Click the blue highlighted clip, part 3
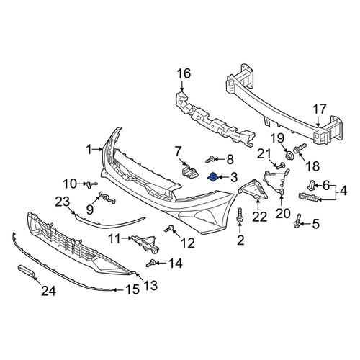(212, 177)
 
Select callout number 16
(184, 73)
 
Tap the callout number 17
(320, 109)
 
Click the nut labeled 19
(289, 155)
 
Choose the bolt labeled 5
(297, 220)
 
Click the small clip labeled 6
(311, 184)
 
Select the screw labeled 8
(210, 159)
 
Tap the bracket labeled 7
(190, 171)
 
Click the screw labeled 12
(170, 228)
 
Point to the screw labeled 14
(150, 264)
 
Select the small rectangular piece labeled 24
(26, 271)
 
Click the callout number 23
(63, 202)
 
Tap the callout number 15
(132, 289)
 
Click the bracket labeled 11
(145, 243)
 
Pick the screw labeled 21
(279, 166)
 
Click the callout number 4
(343, 192)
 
